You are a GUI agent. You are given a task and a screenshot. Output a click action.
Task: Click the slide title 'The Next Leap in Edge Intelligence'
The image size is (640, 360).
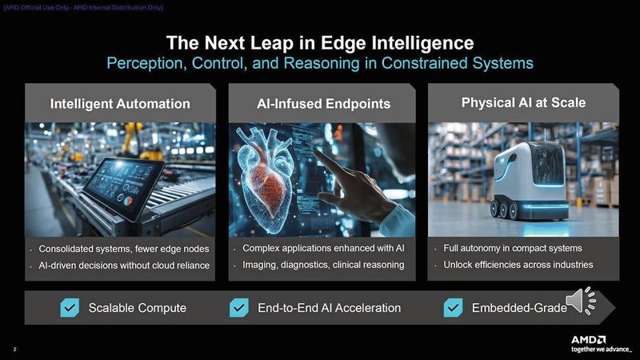319,42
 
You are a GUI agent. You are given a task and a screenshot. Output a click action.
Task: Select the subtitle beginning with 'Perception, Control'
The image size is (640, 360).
319,62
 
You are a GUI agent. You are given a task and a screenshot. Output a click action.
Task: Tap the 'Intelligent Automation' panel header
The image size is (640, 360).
120,104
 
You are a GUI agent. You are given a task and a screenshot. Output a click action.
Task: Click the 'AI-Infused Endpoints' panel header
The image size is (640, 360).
323,104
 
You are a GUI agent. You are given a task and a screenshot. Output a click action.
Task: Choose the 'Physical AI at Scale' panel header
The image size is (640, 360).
523,102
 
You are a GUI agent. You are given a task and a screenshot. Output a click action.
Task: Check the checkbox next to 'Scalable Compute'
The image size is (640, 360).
70,308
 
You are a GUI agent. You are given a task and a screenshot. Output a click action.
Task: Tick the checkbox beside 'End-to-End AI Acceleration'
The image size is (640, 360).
239,308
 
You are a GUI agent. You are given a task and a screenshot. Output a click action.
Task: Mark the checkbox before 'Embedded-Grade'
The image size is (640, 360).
454,308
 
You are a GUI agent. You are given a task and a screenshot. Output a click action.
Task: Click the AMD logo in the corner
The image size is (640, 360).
588,339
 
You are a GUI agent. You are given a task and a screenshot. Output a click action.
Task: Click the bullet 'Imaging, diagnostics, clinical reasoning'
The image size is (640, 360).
323,265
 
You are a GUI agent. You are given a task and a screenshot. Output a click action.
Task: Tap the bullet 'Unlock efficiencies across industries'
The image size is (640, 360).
518,264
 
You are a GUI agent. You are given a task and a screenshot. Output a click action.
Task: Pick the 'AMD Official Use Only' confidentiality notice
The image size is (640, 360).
84,7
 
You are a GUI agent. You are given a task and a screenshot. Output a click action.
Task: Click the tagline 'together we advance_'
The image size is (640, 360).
595,350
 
